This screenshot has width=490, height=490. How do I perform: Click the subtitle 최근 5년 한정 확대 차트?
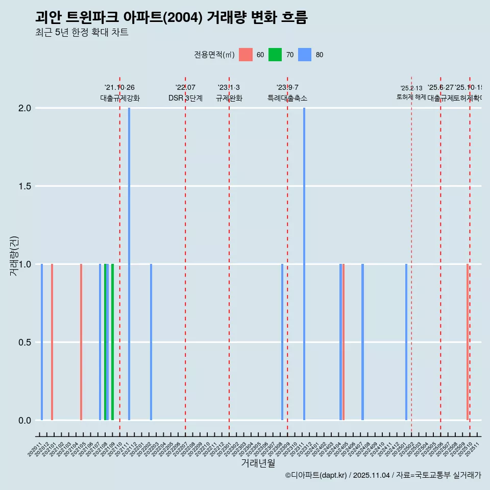82,33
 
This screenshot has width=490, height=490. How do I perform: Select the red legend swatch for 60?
246,55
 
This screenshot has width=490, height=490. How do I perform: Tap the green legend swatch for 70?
275,55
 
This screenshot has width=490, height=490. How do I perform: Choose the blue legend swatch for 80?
305,55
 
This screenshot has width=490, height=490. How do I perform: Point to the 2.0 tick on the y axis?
25,108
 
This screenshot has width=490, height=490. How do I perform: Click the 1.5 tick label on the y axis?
25,186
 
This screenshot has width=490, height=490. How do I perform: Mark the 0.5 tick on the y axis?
25,342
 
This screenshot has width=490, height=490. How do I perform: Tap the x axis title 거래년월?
258,463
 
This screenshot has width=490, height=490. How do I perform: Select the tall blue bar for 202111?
129,264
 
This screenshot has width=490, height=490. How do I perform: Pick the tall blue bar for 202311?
304,264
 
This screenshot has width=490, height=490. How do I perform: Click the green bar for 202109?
113,342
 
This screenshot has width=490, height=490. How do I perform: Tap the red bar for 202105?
81,342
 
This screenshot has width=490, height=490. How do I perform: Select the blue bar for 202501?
406,342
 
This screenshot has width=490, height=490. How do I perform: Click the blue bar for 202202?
151,342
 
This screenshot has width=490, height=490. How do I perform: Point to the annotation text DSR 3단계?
185,99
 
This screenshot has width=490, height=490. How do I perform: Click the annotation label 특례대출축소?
287,99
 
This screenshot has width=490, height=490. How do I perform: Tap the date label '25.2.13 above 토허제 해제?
411,88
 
